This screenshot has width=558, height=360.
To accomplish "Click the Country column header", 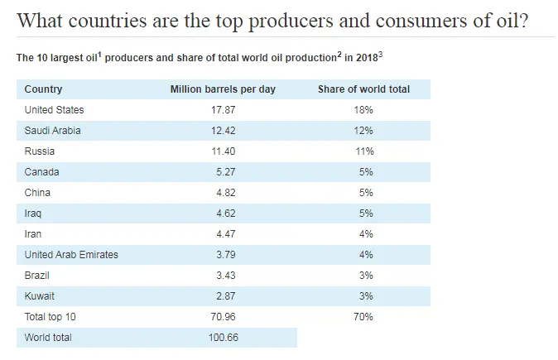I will (x=43, y=89).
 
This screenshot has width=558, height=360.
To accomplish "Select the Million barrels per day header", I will (x=223, y=89).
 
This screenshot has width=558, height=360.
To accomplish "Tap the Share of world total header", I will (x=363, y=89).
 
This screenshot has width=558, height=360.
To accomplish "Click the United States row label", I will (x=54, y=110).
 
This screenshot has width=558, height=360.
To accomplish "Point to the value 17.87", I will (x=223, y=110).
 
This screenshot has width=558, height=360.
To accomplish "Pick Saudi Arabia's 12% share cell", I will (x=363, y=131).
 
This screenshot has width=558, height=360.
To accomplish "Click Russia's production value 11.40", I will (x=223, y=151).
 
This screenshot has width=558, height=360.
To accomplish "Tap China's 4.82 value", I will (x=223, y=193).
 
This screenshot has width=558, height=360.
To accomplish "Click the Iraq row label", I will (x=33, y=214).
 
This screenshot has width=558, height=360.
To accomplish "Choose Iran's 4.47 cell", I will (x=223, y=234).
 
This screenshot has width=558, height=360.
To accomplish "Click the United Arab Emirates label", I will (x=71, y=255).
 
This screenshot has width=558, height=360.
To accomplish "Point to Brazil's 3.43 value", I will (x=223, y=276).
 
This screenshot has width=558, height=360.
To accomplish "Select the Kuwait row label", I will (x=40, y=296).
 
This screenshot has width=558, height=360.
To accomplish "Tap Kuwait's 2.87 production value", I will (x=223, y=296).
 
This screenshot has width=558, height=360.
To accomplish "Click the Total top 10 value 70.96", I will (x=223, y=317).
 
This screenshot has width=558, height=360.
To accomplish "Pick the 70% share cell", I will (x=363, y=317).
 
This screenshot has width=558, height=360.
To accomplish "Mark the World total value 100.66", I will (x=223, y=338).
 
